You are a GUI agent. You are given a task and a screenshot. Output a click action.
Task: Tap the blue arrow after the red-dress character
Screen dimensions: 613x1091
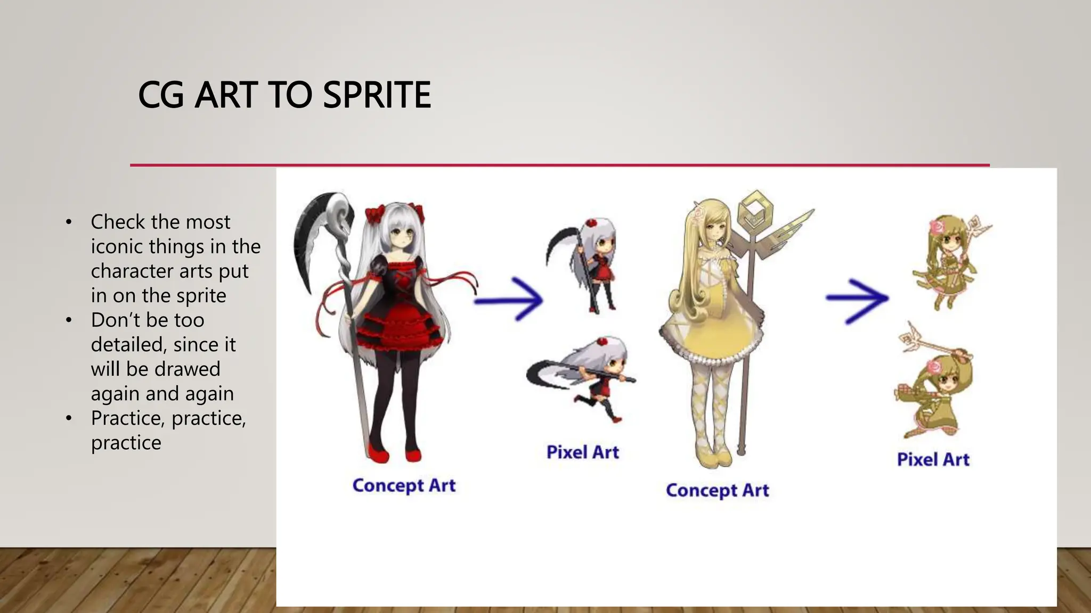point(509,300)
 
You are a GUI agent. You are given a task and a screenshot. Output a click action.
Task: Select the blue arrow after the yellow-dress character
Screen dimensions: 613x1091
point(858,300)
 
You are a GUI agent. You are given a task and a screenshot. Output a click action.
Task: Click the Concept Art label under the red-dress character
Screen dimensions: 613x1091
point(404,485)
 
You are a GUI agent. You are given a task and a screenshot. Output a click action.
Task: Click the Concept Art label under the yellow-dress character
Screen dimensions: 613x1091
point(717,490)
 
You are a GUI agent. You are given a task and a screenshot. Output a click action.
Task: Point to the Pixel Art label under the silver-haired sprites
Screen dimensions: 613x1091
point(582,452)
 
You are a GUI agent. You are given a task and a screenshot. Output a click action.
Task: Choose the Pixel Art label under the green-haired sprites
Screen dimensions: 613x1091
point(933,459)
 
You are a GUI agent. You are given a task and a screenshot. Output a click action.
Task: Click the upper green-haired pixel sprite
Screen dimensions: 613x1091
point(946,261)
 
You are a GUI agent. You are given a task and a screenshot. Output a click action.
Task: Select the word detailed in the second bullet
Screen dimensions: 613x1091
point(127,345)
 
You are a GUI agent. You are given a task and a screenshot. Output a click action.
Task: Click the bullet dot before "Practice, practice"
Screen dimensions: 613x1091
point(68,419)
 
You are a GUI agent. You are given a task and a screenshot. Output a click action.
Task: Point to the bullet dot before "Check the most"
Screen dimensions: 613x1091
point(68,222)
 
